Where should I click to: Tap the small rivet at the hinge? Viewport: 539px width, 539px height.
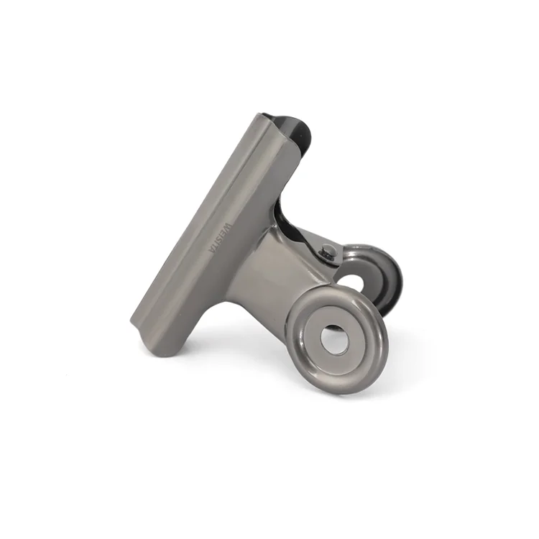pyautogui.click(x=328, y=251)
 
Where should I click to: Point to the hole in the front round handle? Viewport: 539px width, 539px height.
pyautogui.click(x=334, y=338)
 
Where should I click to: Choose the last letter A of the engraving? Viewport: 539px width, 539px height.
pyautogui.click(x=208, y=249)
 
